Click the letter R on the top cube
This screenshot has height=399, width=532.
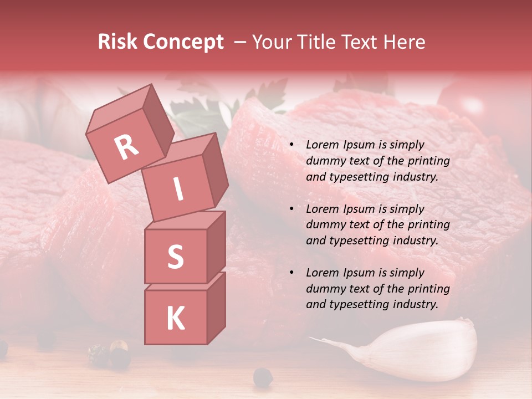pyautogui.click(x=127, y=147)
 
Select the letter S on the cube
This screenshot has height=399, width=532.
pyautogui.click(x=175, y=257)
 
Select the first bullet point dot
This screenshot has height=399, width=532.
pyautogui.click(x=291, y=145)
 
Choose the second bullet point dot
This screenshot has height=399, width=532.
pyautogui.click(x=291, y=209)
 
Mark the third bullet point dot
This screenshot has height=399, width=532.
pyautogui.click(x=291, y=273)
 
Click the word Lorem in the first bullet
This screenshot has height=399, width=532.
pyautogui.click(x=323, y=145)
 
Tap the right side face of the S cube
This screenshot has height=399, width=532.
pyautogui.click(x=216, y=247)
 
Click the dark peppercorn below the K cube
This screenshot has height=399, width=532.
pyautogui.click(x=263, y=377)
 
